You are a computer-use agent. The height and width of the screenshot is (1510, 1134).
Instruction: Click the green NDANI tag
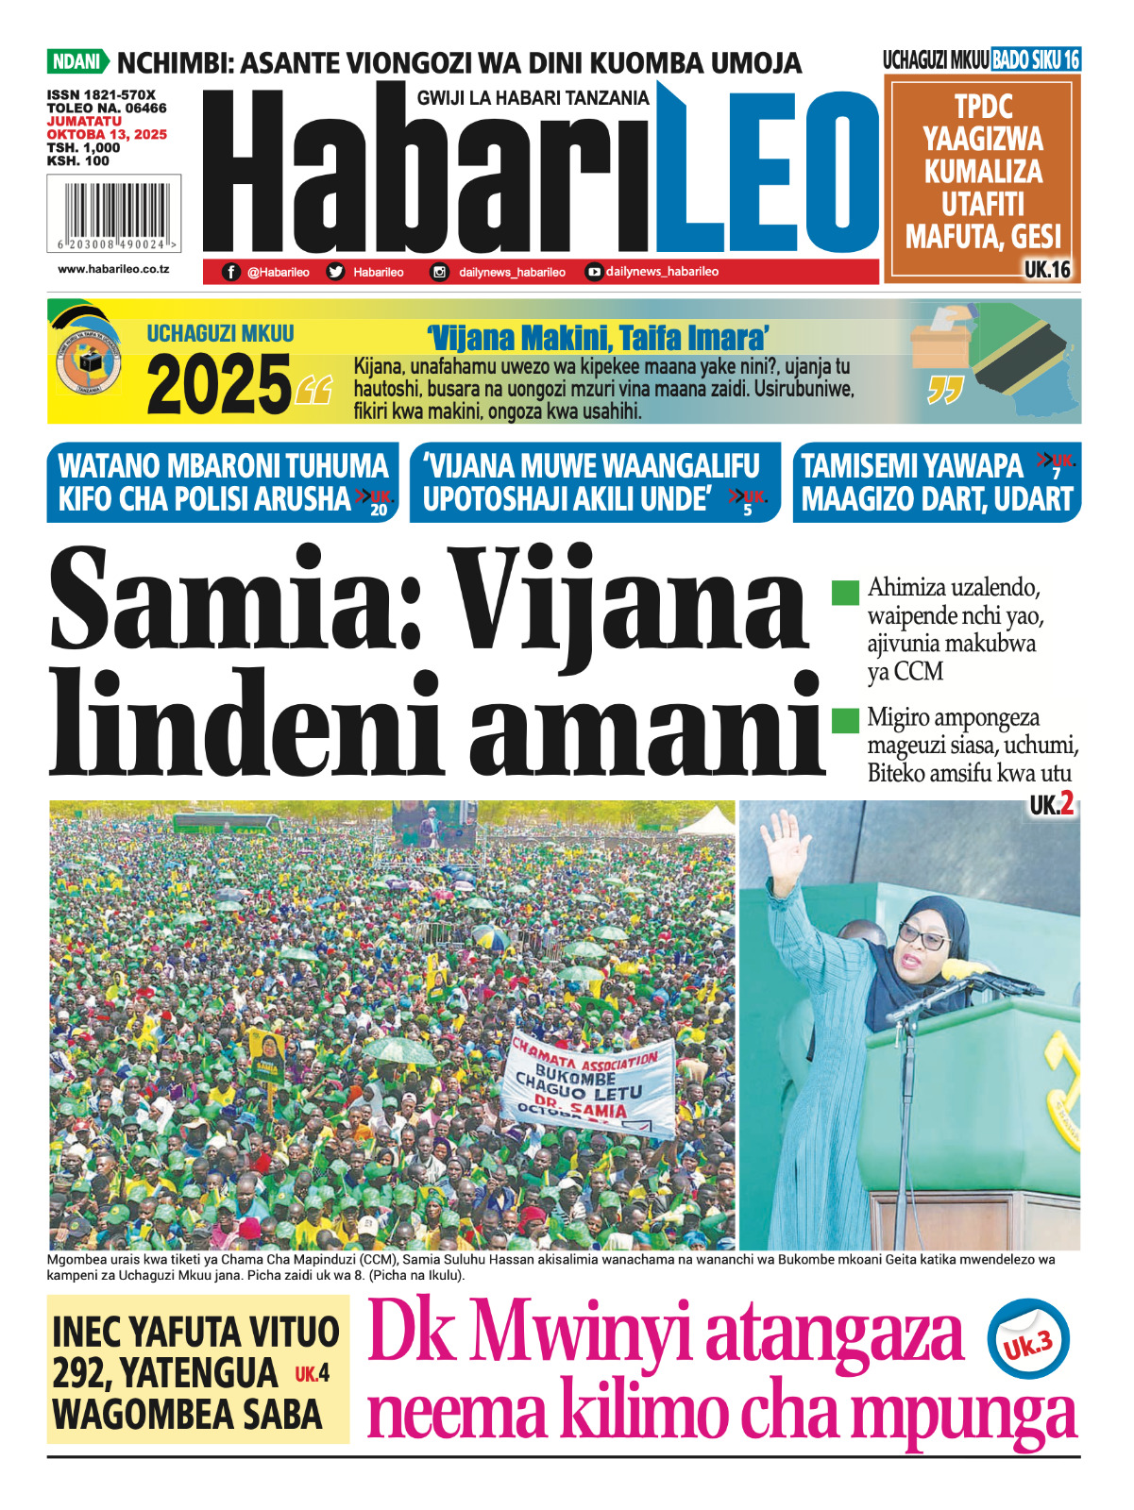pos(76,62)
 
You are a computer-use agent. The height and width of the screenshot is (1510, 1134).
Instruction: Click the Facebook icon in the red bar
pos(231,272)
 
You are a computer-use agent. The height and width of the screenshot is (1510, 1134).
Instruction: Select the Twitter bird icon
pos(335,272)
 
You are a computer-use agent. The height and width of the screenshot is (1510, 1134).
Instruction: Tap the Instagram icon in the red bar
pos(439,272)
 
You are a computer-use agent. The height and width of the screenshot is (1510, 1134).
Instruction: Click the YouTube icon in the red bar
pos(593,272)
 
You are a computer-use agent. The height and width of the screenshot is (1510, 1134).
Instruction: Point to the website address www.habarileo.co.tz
pos(113,269)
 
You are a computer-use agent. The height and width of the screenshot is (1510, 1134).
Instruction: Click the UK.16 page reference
pos(1047,270)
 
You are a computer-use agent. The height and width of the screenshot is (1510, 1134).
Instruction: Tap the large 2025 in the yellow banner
pos(219,385)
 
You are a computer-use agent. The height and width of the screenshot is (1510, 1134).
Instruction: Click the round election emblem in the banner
pos(88,362)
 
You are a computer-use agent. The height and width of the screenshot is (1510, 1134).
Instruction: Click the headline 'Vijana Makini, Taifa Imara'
pos(597,338)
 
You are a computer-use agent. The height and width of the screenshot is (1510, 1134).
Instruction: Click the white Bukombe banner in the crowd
pos(589,1084)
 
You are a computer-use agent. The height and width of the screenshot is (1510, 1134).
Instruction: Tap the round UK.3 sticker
pos(1027,1340)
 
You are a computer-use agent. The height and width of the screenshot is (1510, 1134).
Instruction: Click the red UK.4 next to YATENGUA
pos(312,1374)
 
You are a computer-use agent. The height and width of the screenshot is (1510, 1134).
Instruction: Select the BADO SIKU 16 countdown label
pos(1035,60)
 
